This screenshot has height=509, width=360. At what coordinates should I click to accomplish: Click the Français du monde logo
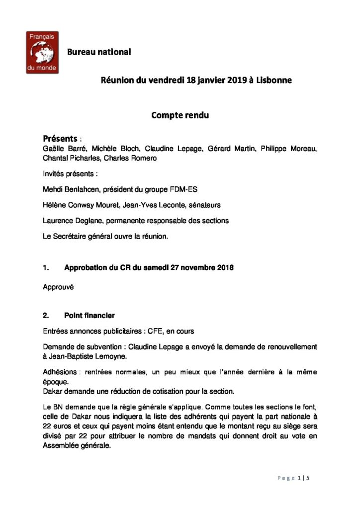point(43,52)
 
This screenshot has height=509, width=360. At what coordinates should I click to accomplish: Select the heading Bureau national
point(99,52)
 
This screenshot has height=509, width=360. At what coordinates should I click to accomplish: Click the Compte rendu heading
point(180,115)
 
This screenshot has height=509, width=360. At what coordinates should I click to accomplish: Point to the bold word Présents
point(60,138)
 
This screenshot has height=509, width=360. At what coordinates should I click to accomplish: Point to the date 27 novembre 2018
point(198,268)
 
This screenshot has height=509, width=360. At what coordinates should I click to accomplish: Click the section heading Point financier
point(90,315)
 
